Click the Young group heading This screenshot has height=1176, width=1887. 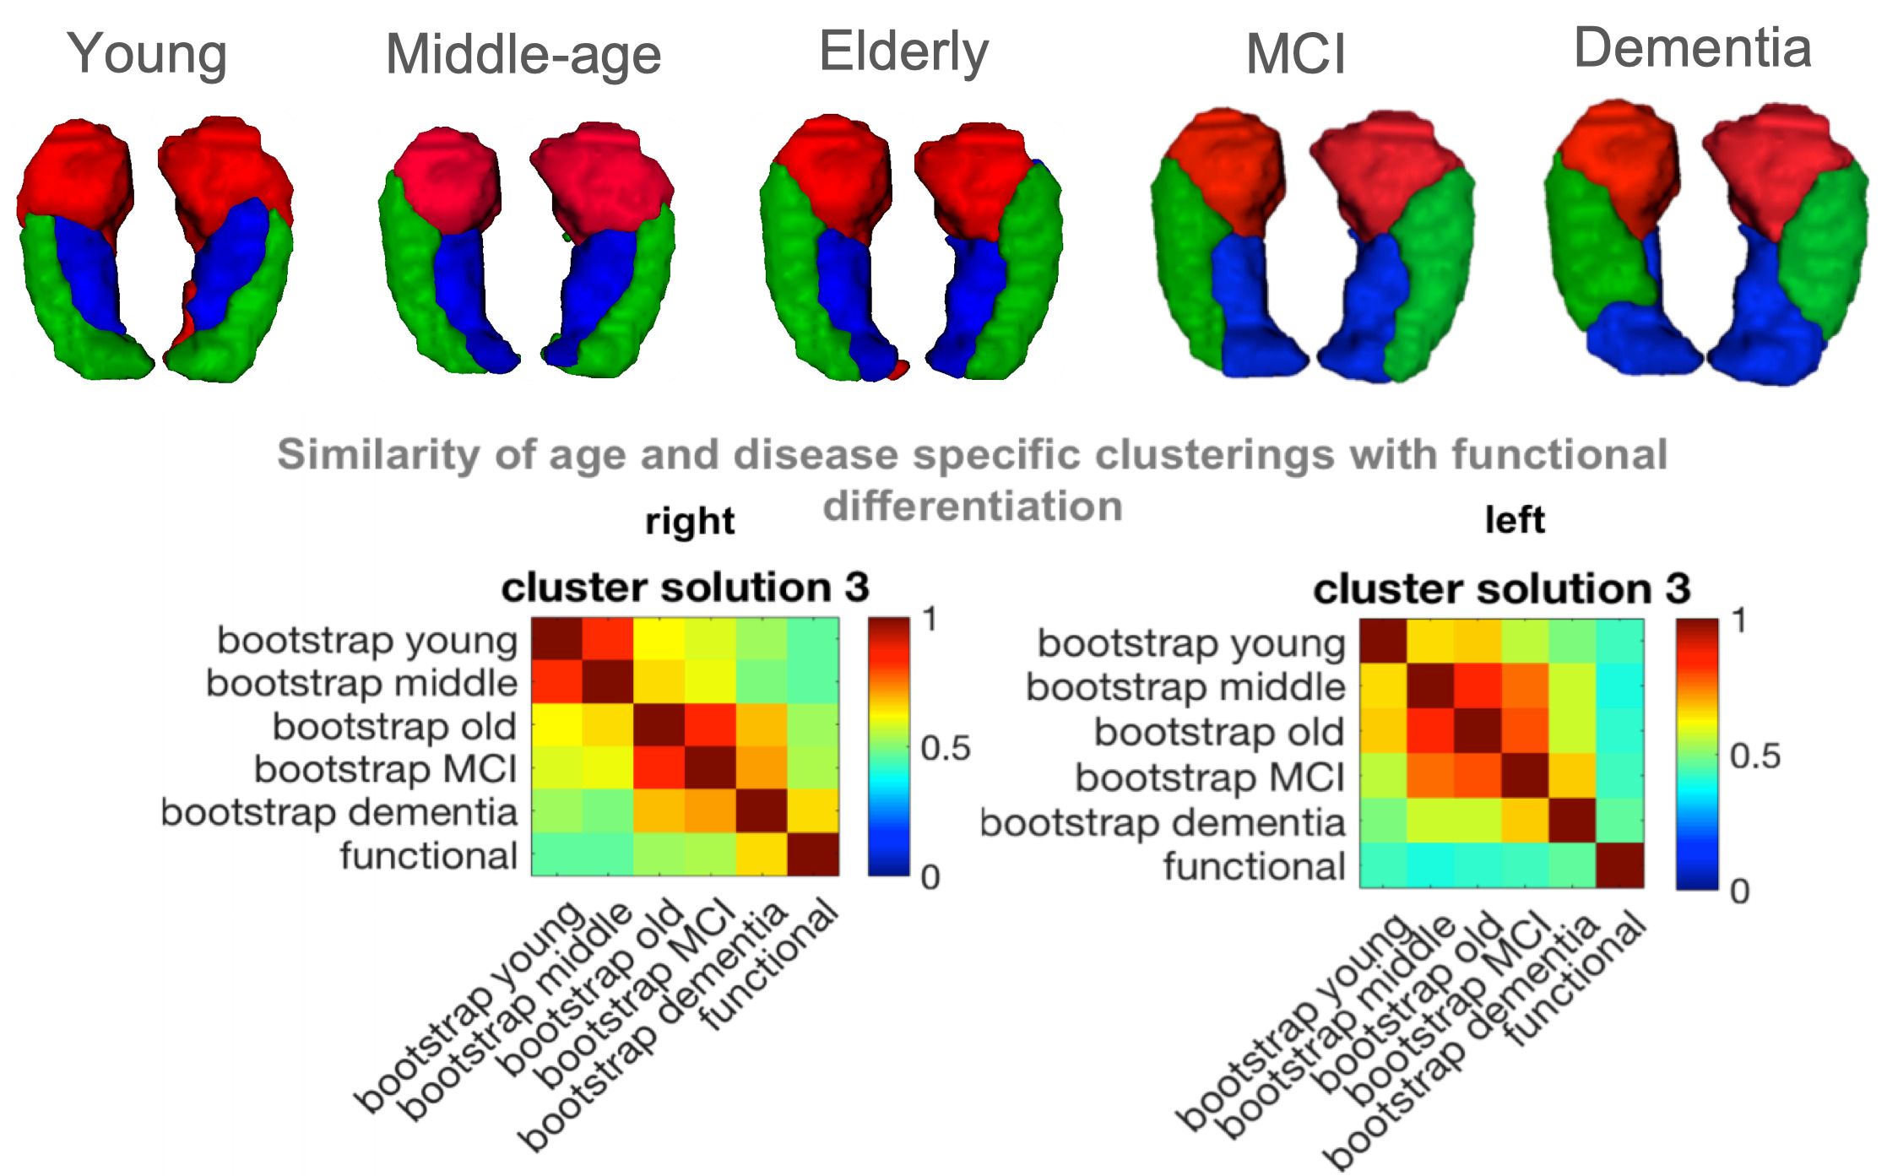pyautogui.click(x=147, y=55)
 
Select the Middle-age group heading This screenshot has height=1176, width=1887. pyautogui.click(x=523, y=56)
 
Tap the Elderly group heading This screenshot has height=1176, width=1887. pyautogui.click(x=903, y=52)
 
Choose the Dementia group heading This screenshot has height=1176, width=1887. pyautogui.click(x=1692, y=48)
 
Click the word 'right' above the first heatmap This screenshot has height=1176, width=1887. pyautogui.click(x=689, y=522)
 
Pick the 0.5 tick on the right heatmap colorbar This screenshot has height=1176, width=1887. pyautogui.click(x=945, y=748)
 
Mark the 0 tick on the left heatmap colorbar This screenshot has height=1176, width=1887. pyautogui.click(x=1739, y=891)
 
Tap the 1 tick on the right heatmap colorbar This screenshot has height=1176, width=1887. pyautogui.click(x=930, y=620)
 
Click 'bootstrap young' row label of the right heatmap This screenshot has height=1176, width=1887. pyautogui.click(x=366, y=641)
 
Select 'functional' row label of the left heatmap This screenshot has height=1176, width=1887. pyautogui.click(x=1253, y=866)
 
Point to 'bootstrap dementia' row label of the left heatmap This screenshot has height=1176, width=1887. pyautogui.click(x=1162, y=822)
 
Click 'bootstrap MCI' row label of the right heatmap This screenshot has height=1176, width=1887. pyautogui.click(x=385, y=769)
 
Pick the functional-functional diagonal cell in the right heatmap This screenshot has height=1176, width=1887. pyautogui.click(x=813, y=854)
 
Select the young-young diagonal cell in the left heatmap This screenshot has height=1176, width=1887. pyautogui.click(x=1383, y=641)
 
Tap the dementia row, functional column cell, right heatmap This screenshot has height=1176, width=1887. pyautogui.click(x=813, y=811)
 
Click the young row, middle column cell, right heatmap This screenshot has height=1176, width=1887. pyautogui.click(x=608, y=640)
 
